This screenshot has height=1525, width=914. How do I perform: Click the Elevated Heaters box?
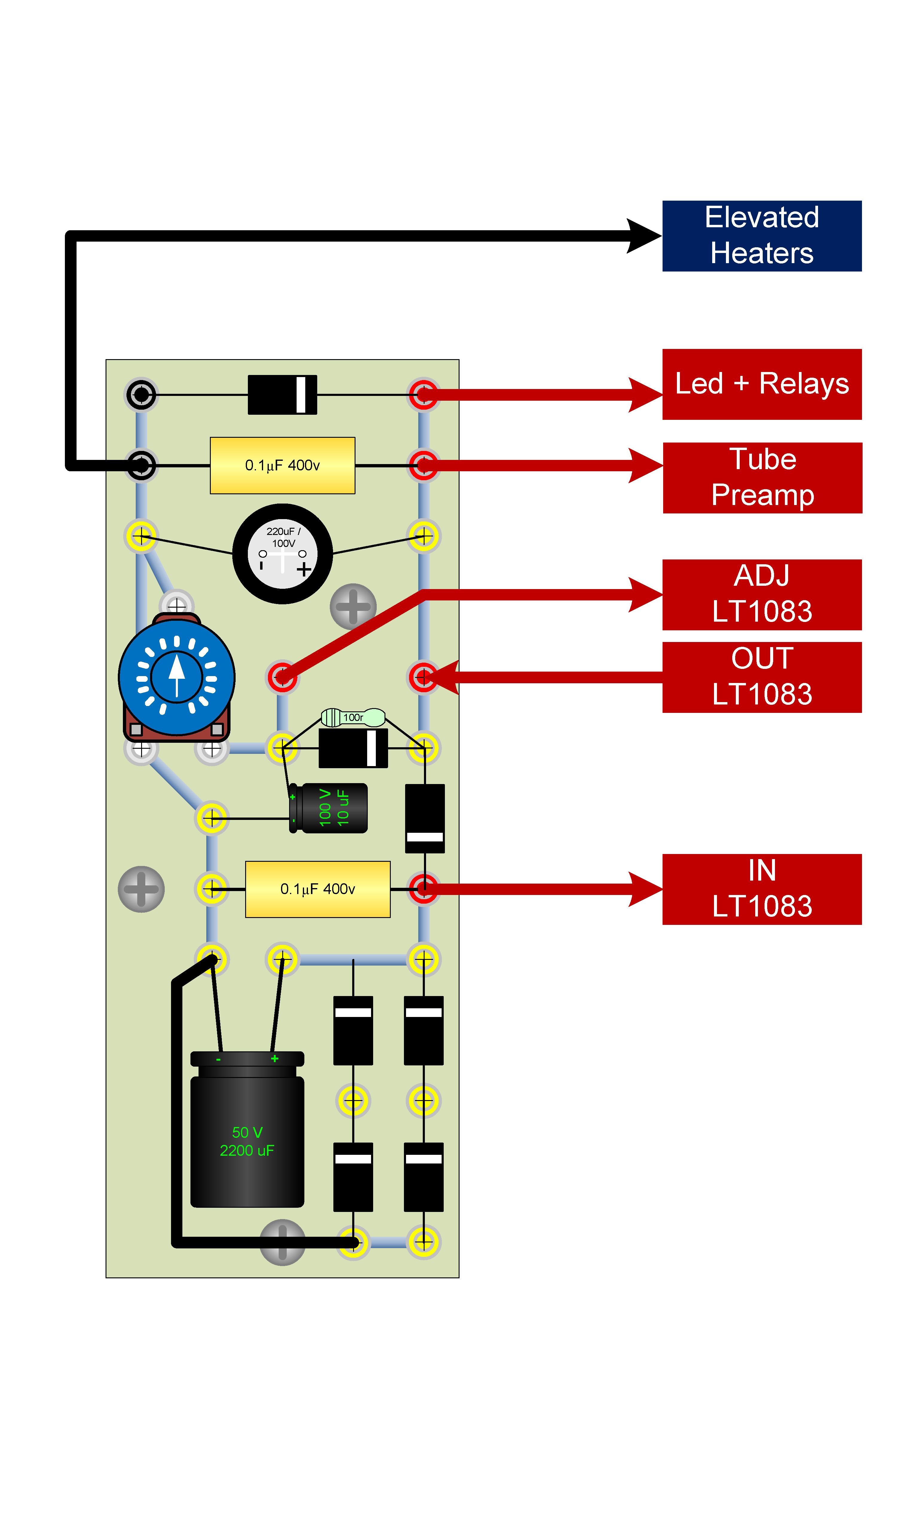pos(762,236)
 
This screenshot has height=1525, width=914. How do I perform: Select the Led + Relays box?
pos(762,384)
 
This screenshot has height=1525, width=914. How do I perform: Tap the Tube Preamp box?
pos(762,478)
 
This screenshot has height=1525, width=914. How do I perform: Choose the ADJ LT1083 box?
pos(762,595)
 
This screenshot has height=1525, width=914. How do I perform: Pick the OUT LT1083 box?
pos(762,678)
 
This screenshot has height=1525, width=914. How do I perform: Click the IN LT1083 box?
pos(762,889)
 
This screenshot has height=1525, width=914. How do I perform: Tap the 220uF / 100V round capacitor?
pos(283,554)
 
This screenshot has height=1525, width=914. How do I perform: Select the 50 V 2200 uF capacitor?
pos(247,1130)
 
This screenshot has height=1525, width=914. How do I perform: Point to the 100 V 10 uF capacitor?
pos(328,808)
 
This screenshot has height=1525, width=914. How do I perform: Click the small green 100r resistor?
pos(353,718)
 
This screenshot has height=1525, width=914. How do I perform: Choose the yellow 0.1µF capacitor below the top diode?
pos(283,466)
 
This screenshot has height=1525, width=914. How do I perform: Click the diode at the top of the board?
pos(283,395)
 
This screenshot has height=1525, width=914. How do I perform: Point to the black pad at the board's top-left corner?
pos(142,395)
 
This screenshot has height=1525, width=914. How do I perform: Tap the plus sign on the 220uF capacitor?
pos(304,570)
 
